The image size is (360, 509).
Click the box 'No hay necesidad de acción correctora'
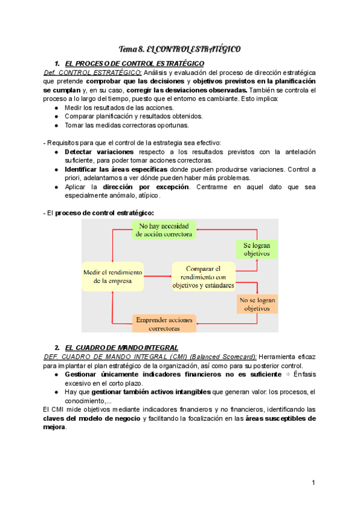click(164, 230)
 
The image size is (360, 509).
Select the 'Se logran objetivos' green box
click(256, 250)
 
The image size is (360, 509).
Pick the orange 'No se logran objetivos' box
click(257, 304)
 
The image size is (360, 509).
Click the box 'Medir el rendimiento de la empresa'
click(113, 276)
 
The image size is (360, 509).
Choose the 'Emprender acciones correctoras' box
click(164, 324)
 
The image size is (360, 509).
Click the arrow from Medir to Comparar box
click(158, 277)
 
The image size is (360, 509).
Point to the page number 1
click(313, 483)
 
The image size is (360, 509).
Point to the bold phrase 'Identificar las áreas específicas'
click(116, 169)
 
